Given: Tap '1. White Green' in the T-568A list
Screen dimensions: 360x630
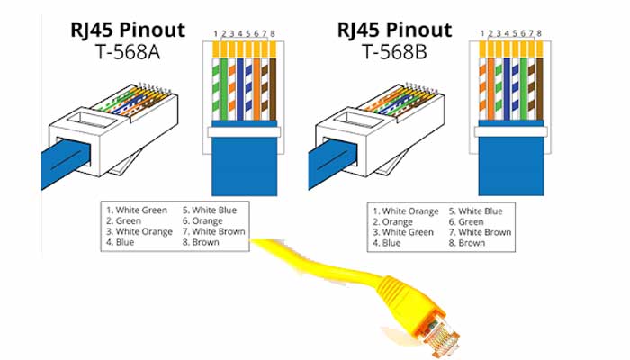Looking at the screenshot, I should (x=138, y=210).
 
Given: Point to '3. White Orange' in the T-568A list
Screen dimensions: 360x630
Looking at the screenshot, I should (x=140, y=231).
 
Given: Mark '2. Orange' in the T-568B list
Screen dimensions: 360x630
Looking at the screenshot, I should (x=398, y=221).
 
